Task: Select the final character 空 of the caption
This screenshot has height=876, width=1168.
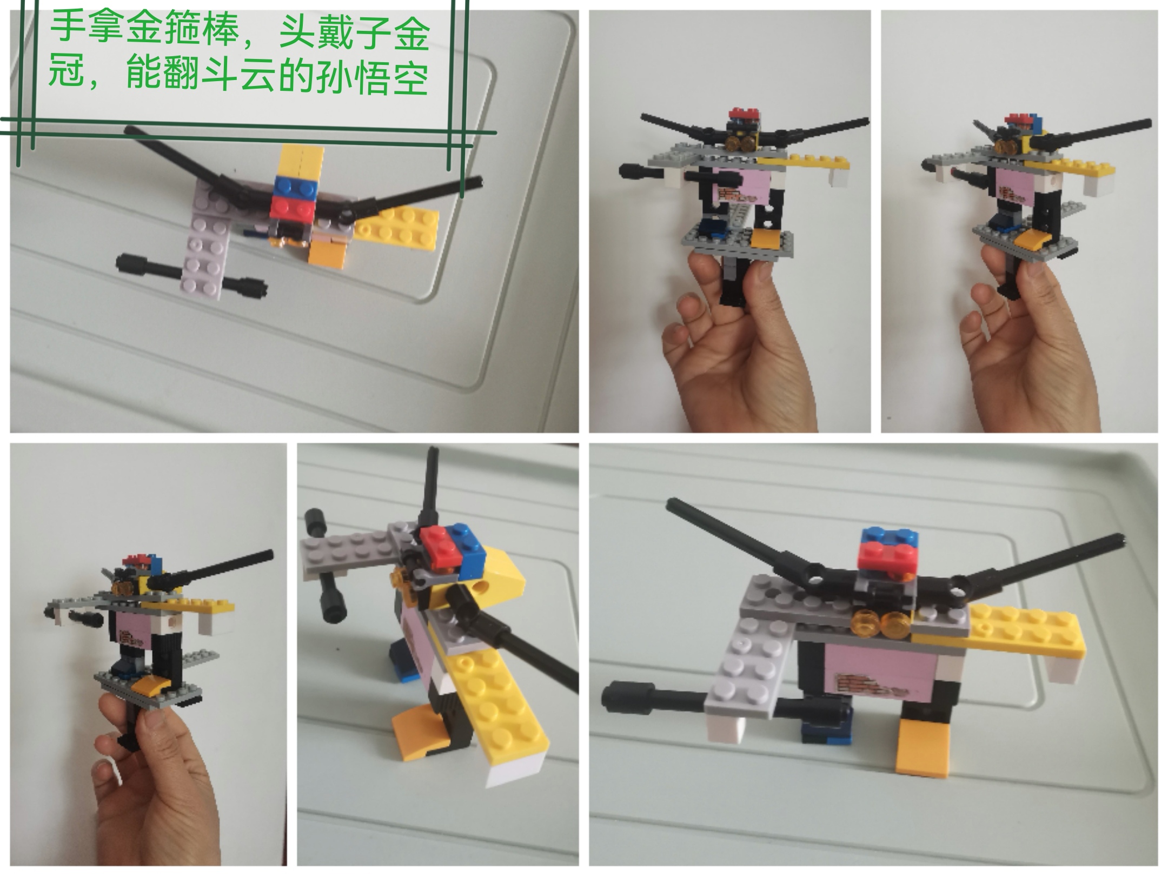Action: [x=410, y=76]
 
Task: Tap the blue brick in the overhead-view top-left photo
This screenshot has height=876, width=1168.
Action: [x=296, y=187]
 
